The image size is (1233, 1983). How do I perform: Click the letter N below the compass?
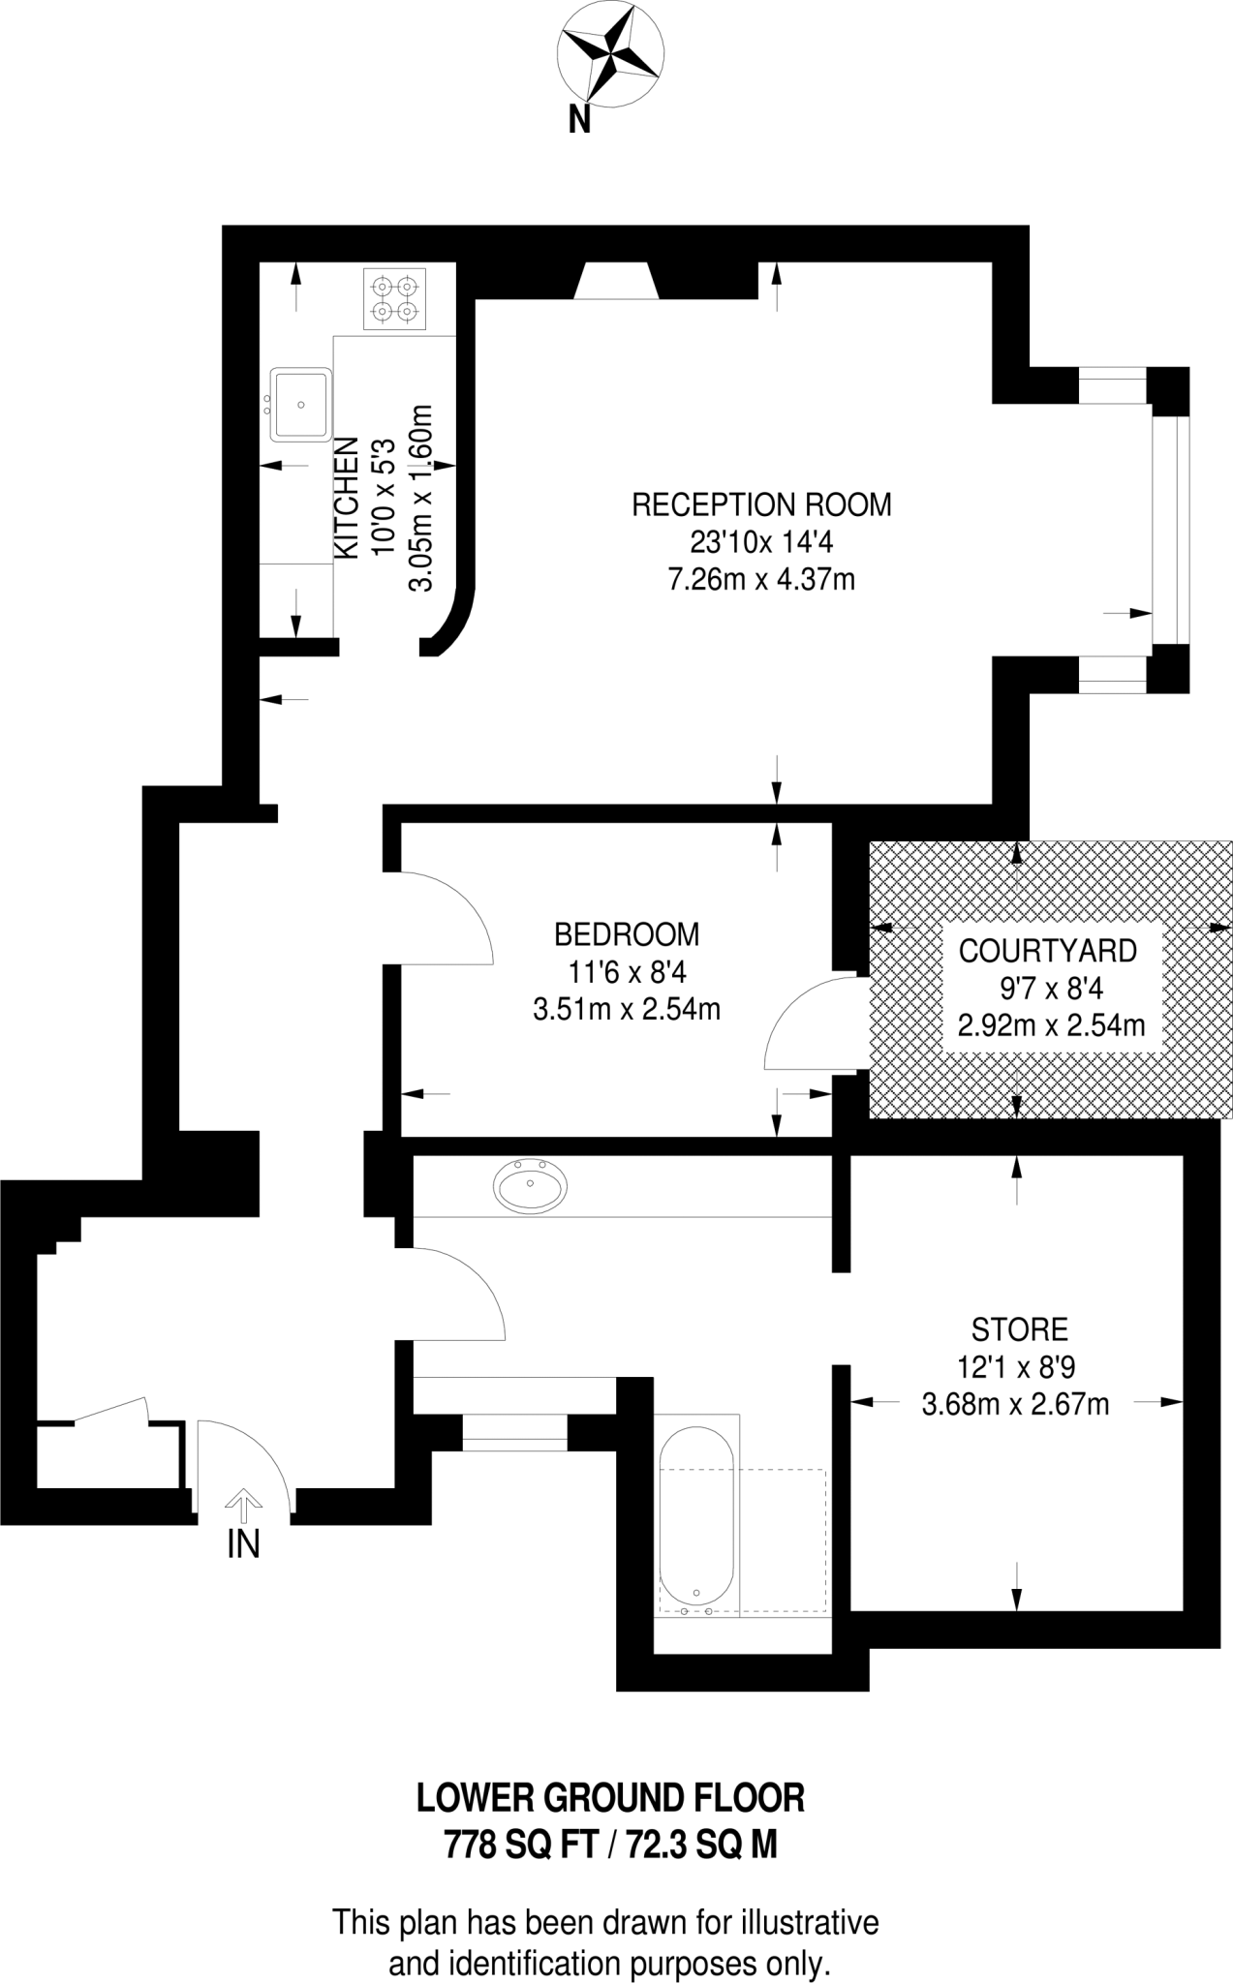click(579, 119)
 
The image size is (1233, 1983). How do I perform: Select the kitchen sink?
click(301, 404)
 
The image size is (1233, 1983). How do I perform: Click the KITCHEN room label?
click(347, 498)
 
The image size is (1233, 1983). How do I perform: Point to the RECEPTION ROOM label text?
click(761, 504)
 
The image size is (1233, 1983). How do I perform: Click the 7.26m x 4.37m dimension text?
click(761, 580)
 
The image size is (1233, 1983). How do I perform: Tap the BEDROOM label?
click(627, 934)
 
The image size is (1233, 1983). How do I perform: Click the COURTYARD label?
click(1047, 951)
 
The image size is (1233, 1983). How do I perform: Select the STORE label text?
click(1020, 1328)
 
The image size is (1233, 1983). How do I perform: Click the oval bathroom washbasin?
click(531, 1185)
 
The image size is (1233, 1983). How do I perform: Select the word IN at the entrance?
click(243, 1544)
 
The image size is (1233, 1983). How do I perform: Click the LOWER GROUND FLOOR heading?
click(610, 1798)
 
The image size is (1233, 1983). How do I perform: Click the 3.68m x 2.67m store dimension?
click(1015, 1404)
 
